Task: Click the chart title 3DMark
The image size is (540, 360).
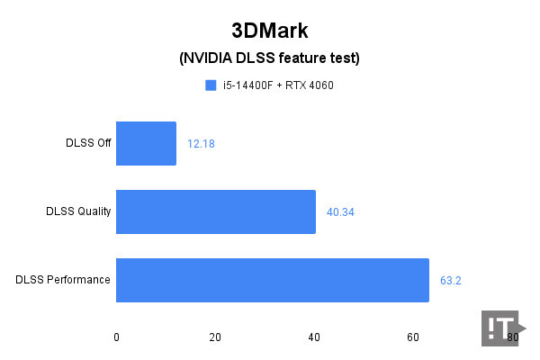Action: [x=269, y=31]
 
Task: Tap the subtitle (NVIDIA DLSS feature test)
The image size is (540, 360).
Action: [x=269, y=59]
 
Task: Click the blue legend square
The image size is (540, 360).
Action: [x=211, y=85]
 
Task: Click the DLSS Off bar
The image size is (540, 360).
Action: [x=146, y=143]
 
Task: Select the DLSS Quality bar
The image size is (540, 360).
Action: [x=216, y=211]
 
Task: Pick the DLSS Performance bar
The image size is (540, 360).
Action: [x=273, y=280]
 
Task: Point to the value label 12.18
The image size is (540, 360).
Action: [x=201, y=144]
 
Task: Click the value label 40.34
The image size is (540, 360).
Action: [x=340, y=212]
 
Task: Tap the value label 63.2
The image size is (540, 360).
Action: [x=450, y=280]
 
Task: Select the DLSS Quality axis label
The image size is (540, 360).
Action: [x=78, y=211]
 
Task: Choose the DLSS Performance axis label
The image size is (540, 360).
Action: [x=63, y=280]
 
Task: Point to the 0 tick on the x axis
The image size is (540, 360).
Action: [x=116, y=337]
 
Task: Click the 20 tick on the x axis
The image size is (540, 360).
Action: [x=215, y=337]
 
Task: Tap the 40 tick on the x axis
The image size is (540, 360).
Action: [x=314, y=337]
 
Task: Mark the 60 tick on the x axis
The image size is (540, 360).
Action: [x=413, y=337]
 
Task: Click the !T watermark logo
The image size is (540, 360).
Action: [x=500, y=328]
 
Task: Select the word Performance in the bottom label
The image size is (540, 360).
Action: [x=78, y=280]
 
